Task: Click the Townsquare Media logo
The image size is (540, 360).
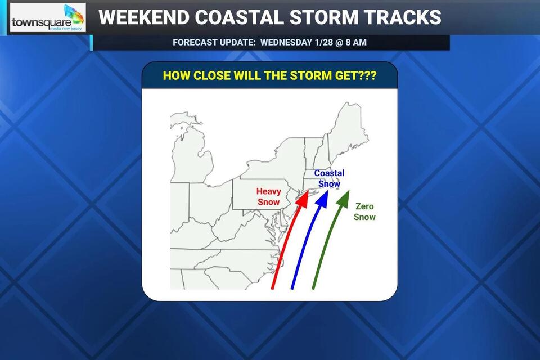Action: click(48, 18)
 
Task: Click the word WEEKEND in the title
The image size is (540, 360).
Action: click(143, 17)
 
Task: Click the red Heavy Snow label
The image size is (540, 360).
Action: click(268, 197)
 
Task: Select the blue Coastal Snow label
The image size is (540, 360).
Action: click(329, 178)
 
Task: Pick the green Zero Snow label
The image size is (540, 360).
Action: click(364, 211)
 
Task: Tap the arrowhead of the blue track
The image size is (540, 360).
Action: click(323, 197)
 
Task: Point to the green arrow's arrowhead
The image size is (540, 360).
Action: click(343, 197)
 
